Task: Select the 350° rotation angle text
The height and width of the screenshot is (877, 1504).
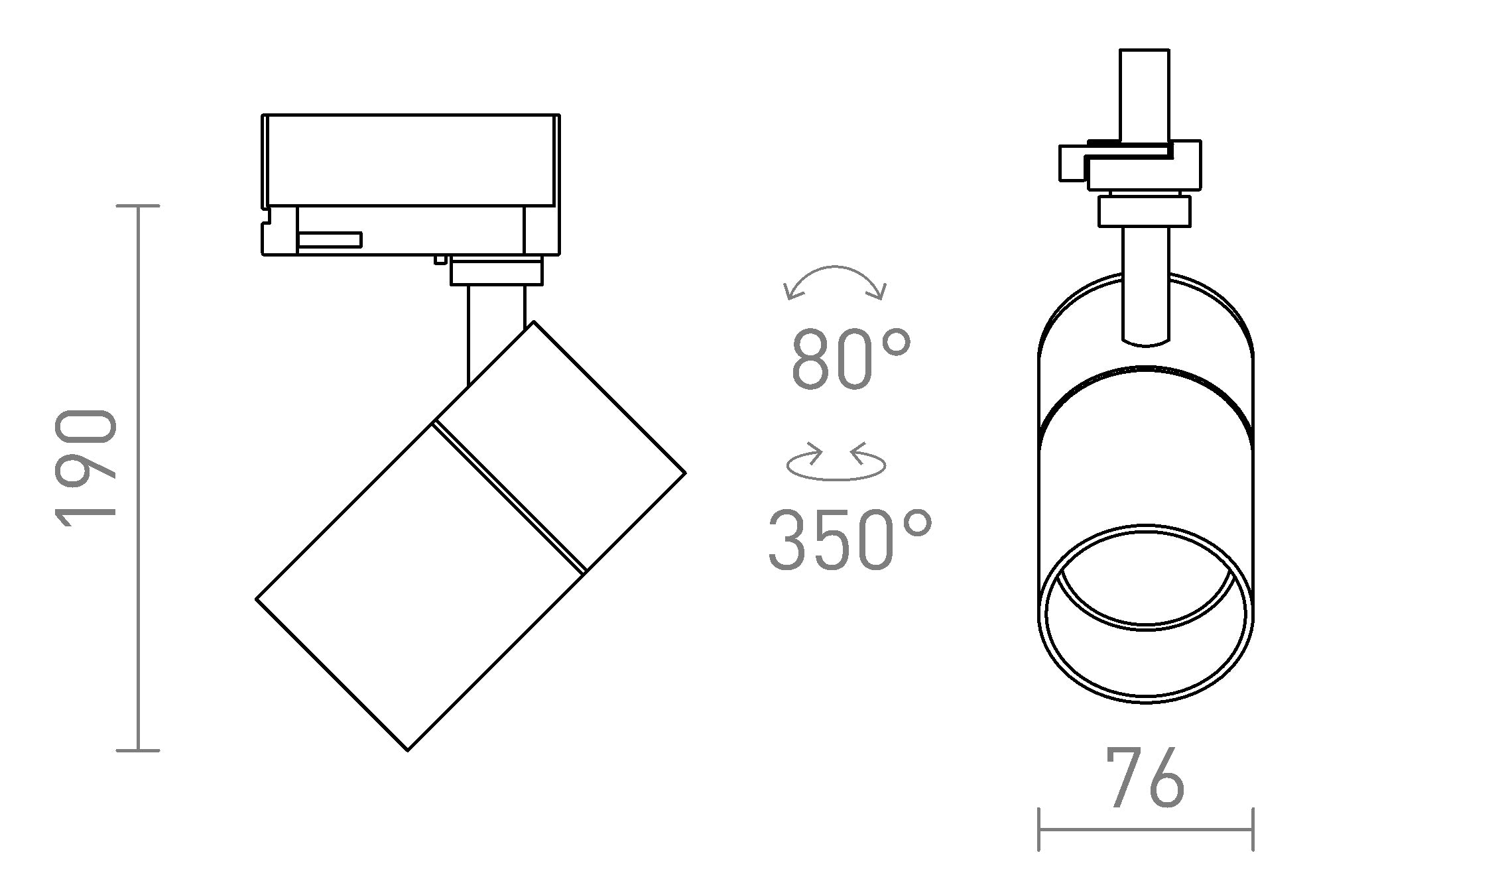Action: click(x=849, y=540)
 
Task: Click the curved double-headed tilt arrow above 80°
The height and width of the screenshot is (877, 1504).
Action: click(x=834, y=281)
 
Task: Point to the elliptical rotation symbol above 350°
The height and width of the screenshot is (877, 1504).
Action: click(x=836, y=463)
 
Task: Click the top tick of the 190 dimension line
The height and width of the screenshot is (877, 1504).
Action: click(x=138, y=206)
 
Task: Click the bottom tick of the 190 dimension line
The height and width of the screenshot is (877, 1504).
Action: click(x=138, y=750)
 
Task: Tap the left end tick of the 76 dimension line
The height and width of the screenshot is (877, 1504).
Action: click(x=1038, y=829)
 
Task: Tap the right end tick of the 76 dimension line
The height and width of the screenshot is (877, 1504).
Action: click(x=1253, y=829)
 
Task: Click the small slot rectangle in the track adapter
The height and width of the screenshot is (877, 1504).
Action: click(x=330, y=240)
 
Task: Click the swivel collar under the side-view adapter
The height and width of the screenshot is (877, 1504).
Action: click(x=496, y=272)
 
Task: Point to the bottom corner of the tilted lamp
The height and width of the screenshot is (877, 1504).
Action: click(x=407, y=750)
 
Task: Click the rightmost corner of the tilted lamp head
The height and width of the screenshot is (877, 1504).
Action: click(x=684, y=473)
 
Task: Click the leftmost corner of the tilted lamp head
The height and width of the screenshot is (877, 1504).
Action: click(x=257, y=599)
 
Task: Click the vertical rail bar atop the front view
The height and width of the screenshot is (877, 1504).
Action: click(x=1144, y=93)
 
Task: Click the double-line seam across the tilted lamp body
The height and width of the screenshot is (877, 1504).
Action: click(x=509, y=496)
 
